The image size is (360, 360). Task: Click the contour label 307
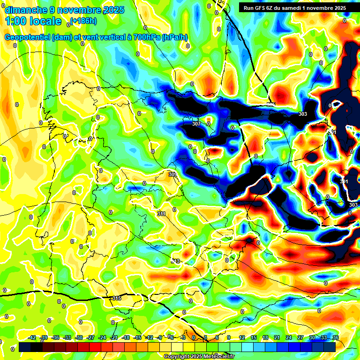[196, 124]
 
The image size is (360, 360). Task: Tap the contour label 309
[172, 174]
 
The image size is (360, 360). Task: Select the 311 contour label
[161, 214]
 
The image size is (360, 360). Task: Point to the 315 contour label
[117, 298]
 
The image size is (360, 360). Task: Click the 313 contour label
[175, 261]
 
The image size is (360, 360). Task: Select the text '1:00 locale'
[34, 21]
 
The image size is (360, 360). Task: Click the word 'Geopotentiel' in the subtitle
[27, 37]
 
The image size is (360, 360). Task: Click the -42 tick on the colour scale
[32, 337]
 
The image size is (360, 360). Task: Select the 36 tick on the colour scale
[335, 337]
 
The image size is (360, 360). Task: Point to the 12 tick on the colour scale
[242, 337]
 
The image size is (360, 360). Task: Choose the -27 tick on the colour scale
[90, 337]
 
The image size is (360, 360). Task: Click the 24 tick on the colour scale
[288, 337]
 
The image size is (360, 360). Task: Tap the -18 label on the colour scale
[126, 337]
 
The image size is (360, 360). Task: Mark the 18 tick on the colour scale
[265, 337]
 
